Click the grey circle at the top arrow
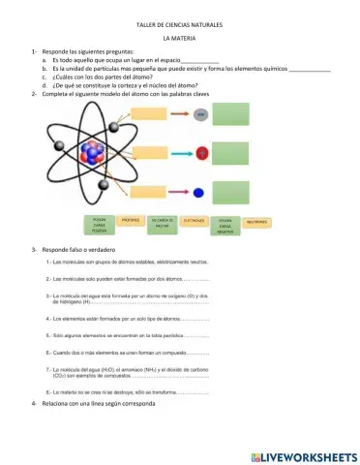[x=200, y=115]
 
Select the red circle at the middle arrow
[x=200, y=153]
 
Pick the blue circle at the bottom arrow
[x=199, y=192]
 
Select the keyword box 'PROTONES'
[x=132, y=221]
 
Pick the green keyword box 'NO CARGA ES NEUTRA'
[x=163, y=223]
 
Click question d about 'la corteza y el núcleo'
[x=126, y=86]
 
